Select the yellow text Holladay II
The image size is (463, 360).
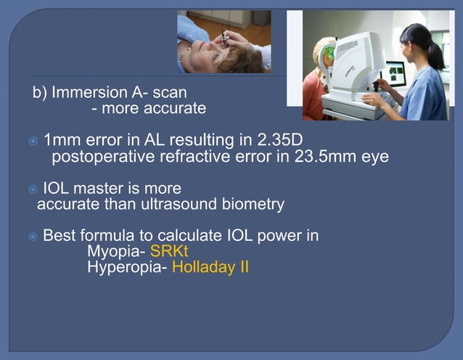(x=210, y=267)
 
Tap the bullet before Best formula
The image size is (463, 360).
(x=33, y=237)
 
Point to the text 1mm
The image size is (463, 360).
(x=61, y=139)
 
